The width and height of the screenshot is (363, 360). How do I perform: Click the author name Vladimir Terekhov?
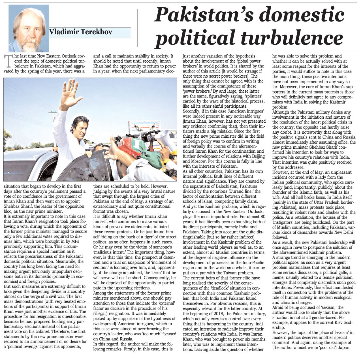[81, 32]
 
